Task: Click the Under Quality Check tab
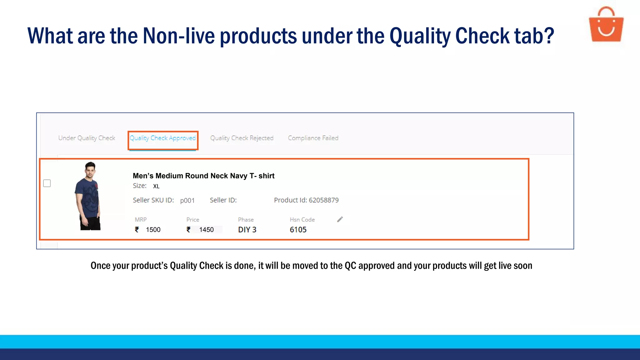pos(87,138)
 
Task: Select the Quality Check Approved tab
pos(162,138)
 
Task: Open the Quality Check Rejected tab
pos(242,138)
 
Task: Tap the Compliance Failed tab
pos(313,138)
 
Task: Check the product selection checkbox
pos(47,183)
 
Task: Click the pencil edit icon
pos(340,219)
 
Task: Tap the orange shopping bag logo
pos(606,25)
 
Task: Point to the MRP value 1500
pos(153,230)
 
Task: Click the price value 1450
pos(206,230)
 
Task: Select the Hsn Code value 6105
pos(298,230)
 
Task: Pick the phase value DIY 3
pos(247,230)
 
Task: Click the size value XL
pos(156,187)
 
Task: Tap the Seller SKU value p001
pos(187,201)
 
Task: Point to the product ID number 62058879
pos(323,200)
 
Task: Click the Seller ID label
pos(223,200)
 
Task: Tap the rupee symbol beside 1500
pos(137,230)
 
